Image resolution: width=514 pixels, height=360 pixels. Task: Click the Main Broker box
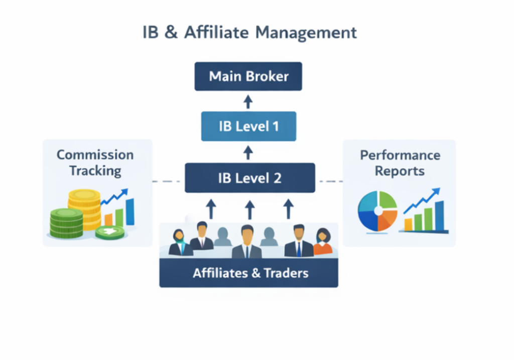click(248, 76)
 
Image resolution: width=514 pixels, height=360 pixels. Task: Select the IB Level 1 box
click(248, 126)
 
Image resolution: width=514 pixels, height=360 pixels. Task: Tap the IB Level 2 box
click(249, 178)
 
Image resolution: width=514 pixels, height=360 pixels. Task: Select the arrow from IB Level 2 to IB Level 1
click(247, 152)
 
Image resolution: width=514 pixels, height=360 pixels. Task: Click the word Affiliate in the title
click(215, 32)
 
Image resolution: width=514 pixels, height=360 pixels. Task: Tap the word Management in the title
click(306, 32)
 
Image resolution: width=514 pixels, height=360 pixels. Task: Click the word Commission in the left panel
click(95, 155)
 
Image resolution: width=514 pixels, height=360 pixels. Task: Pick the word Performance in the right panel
click(400, 155)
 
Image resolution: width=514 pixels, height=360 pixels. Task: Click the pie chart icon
click(377, 211)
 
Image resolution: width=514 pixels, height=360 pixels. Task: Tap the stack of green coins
click(66, 223)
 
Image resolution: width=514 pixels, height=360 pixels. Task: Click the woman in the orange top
click(323, 243)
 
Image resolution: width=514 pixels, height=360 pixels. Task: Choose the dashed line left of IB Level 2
click(169, 181)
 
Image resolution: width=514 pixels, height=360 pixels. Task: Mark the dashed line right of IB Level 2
click(330, 181)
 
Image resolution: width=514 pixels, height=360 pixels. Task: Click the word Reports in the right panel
click(400, 171)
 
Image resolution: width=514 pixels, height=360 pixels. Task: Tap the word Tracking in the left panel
click(95, 171)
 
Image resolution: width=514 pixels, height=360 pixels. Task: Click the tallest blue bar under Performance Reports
click(439, 215)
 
